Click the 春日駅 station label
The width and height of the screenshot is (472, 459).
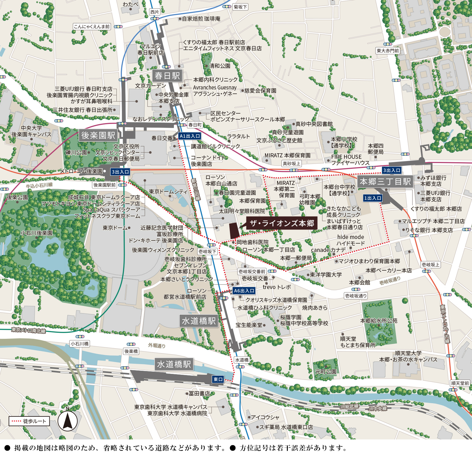coord(167,76)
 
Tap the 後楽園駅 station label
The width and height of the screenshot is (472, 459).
coord(98,135)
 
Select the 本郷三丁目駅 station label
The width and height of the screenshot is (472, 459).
coord(385,181)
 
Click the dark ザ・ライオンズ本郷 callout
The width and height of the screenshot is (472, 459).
coord(282,223)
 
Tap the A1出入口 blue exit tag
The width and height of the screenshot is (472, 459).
coord(189,136)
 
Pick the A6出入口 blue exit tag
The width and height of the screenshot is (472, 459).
coord(244,291)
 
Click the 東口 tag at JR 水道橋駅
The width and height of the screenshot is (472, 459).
coord(218,379)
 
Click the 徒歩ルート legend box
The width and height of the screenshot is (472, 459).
coord(29,421)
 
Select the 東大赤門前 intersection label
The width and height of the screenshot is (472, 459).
coord(388,51)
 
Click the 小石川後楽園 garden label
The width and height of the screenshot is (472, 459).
coord(37,233)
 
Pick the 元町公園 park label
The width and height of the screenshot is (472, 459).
coord(325,372)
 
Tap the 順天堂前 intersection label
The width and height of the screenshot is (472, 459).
coord(460,383)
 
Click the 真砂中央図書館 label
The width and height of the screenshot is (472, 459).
coord(314,124)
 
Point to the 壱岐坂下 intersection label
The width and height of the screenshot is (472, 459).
coord(207,251)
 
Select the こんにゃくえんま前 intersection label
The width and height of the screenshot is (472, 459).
coord(92,27)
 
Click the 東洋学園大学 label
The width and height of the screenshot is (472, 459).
coord(326,275)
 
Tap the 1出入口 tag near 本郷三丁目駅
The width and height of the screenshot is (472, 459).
coord(373,198)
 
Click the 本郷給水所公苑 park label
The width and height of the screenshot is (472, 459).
coord(379,320)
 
